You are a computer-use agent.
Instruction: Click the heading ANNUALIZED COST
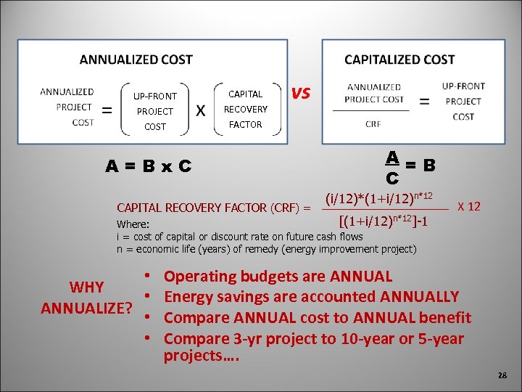tap(136, 60)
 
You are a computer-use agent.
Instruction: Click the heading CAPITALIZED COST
tap(399, 60)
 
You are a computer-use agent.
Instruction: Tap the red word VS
tap(301, 93)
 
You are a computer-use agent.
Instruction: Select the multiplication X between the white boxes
tap(201, 110)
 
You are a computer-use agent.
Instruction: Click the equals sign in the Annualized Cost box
tap(106, 110)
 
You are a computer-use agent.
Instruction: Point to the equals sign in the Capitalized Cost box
tap(424, 101)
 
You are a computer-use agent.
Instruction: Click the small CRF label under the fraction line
tap(373, 124)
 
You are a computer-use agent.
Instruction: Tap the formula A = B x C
tap(148, 166)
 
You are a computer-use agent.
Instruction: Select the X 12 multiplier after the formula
tap(468, 207)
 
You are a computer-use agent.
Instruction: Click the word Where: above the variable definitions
tap(133, 225)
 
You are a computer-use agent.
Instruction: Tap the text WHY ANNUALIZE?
tap(86, 298)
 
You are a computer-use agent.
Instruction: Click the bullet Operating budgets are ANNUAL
tap(278, 277)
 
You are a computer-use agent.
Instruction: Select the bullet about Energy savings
tap(312, 297)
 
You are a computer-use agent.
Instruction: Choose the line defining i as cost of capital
tap(240, 237)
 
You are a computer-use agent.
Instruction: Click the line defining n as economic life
tap(266, 249)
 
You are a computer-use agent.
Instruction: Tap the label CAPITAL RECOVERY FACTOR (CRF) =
tap(214, 208)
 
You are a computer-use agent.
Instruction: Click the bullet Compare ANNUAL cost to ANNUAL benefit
tap(318, 318)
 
